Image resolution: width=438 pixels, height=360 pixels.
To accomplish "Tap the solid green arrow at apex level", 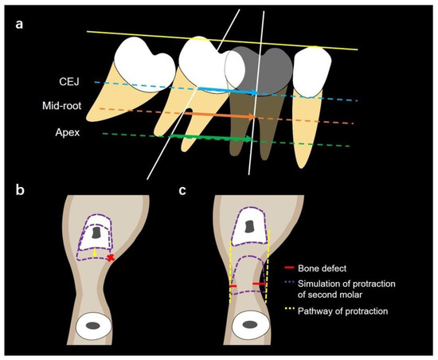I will click(x=215, y=139).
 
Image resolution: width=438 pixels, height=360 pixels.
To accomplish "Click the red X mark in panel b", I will click(x=111, y=258).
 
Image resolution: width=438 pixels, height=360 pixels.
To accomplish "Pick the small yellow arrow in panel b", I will click(x=96, y=252).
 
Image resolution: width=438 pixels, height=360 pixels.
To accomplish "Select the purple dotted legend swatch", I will click(x=291, y=282).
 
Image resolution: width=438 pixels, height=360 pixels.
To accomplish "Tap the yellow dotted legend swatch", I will click(x=291, y=311).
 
